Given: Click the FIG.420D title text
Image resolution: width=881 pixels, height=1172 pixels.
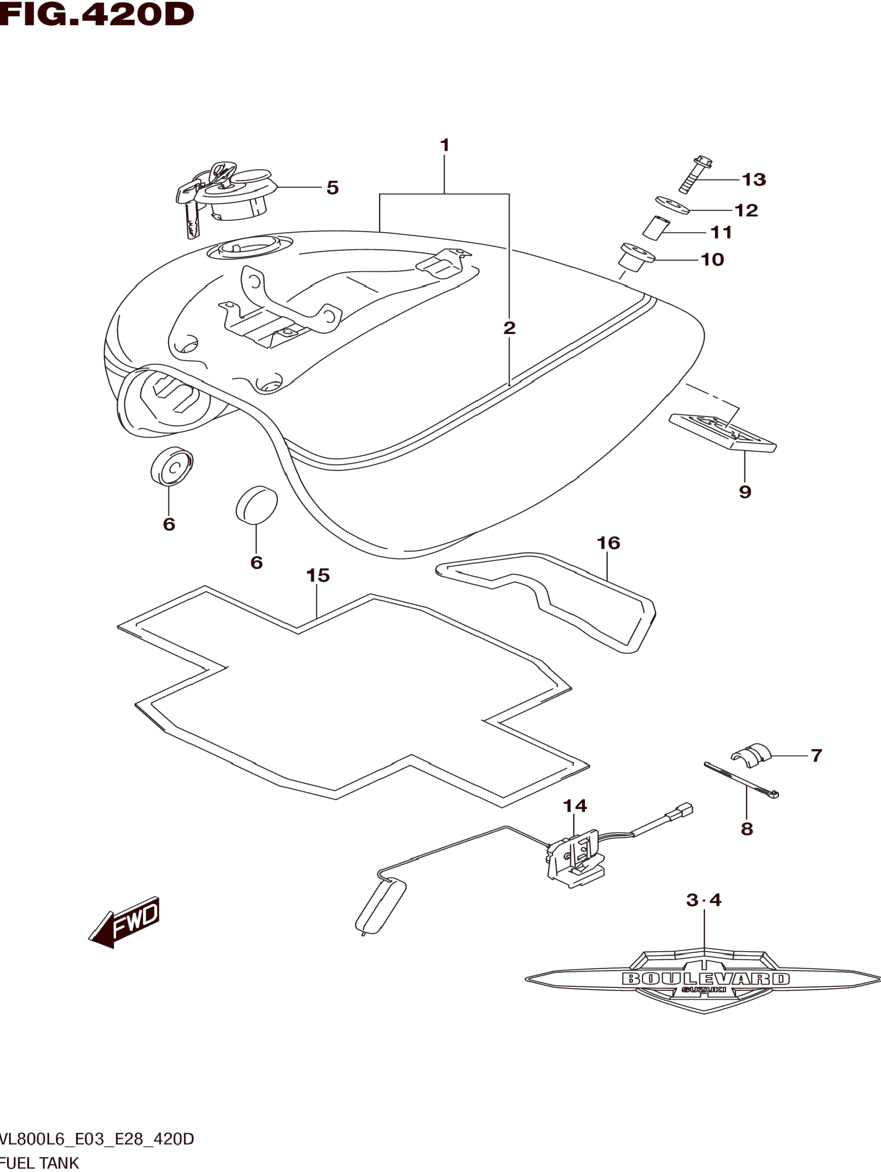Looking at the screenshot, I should pos(97,14).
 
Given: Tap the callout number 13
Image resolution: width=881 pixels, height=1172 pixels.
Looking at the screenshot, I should pos(754,179).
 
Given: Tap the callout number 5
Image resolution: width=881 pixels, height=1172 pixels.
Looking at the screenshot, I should pos(333,188).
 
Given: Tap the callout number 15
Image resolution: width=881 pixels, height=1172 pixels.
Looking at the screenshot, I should pos(318,575).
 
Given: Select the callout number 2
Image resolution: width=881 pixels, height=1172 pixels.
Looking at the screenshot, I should pos(509,328).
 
